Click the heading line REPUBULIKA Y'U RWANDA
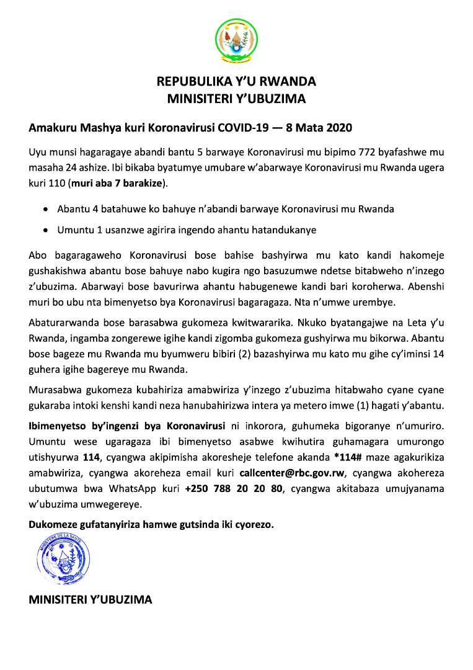pyautogui.click(x=236, y=81)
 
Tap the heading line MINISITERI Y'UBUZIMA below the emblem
pyautogui.click(x=236, y=97)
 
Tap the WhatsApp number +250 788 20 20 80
pyautogui.click(x=233, y=489)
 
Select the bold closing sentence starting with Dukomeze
pyautogui.click(x=151, y=524)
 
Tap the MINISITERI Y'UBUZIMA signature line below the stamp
pyautogui.click(x=91, y=600)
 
